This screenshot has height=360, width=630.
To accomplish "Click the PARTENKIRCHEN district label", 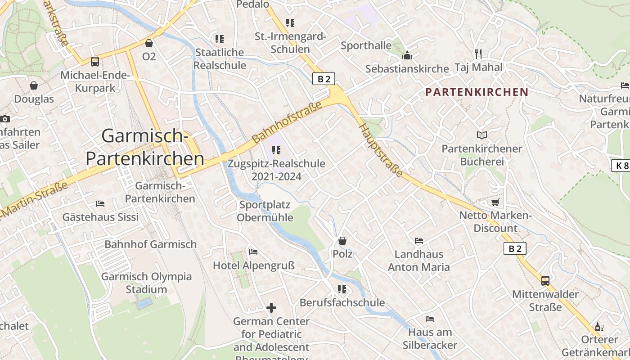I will click(477, 92).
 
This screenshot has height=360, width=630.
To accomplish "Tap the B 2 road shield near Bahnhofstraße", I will click(324, 79).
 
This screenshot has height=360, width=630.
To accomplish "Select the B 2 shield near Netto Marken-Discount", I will click(514, 248).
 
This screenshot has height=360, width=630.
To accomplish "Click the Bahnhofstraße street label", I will click(288, 122).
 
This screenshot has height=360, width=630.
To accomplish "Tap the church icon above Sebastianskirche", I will click(407, 55).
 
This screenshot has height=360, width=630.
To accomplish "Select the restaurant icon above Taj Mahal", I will click(478, 54).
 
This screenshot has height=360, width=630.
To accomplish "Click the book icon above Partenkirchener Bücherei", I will click(481, 135).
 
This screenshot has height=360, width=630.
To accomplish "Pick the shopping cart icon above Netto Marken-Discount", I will click(495, 202).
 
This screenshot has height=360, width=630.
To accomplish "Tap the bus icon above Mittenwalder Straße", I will click(545, 281).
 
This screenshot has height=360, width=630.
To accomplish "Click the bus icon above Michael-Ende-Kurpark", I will click(95, 62).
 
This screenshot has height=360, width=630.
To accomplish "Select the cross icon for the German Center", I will click(271, 308).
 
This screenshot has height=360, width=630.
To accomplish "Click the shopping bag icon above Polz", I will click(342, 241).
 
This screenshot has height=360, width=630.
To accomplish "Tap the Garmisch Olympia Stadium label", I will click(146, 283).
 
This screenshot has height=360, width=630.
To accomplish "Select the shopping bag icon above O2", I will click(149, 43).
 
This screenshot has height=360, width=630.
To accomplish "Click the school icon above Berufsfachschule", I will click(342, 289).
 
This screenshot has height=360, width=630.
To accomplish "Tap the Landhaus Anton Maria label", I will click(418, 261).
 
